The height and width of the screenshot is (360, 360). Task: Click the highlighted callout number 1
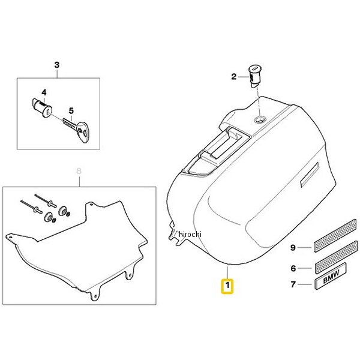227,286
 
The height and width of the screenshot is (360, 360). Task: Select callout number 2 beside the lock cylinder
234,76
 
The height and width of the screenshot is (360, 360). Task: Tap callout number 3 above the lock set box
57,65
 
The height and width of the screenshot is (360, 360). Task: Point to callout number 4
44,92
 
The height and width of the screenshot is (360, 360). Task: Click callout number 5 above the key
71,111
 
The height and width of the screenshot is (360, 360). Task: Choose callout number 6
293,268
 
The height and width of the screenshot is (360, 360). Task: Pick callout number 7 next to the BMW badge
293,284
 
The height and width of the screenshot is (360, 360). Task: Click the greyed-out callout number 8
79,171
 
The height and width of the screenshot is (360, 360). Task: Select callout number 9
293,248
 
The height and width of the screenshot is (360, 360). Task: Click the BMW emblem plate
331,276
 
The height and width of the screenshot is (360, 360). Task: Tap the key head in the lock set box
83,132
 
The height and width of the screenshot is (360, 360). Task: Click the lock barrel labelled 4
41,107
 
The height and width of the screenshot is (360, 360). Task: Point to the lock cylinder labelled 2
254,76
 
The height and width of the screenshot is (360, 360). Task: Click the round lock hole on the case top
260,119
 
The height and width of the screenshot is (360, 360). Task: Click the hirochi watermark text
190,234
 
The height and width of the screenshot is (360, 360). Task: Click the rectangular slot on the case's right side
310,175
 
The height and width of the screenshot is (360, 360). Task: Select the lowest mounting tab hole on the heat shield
95,296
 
